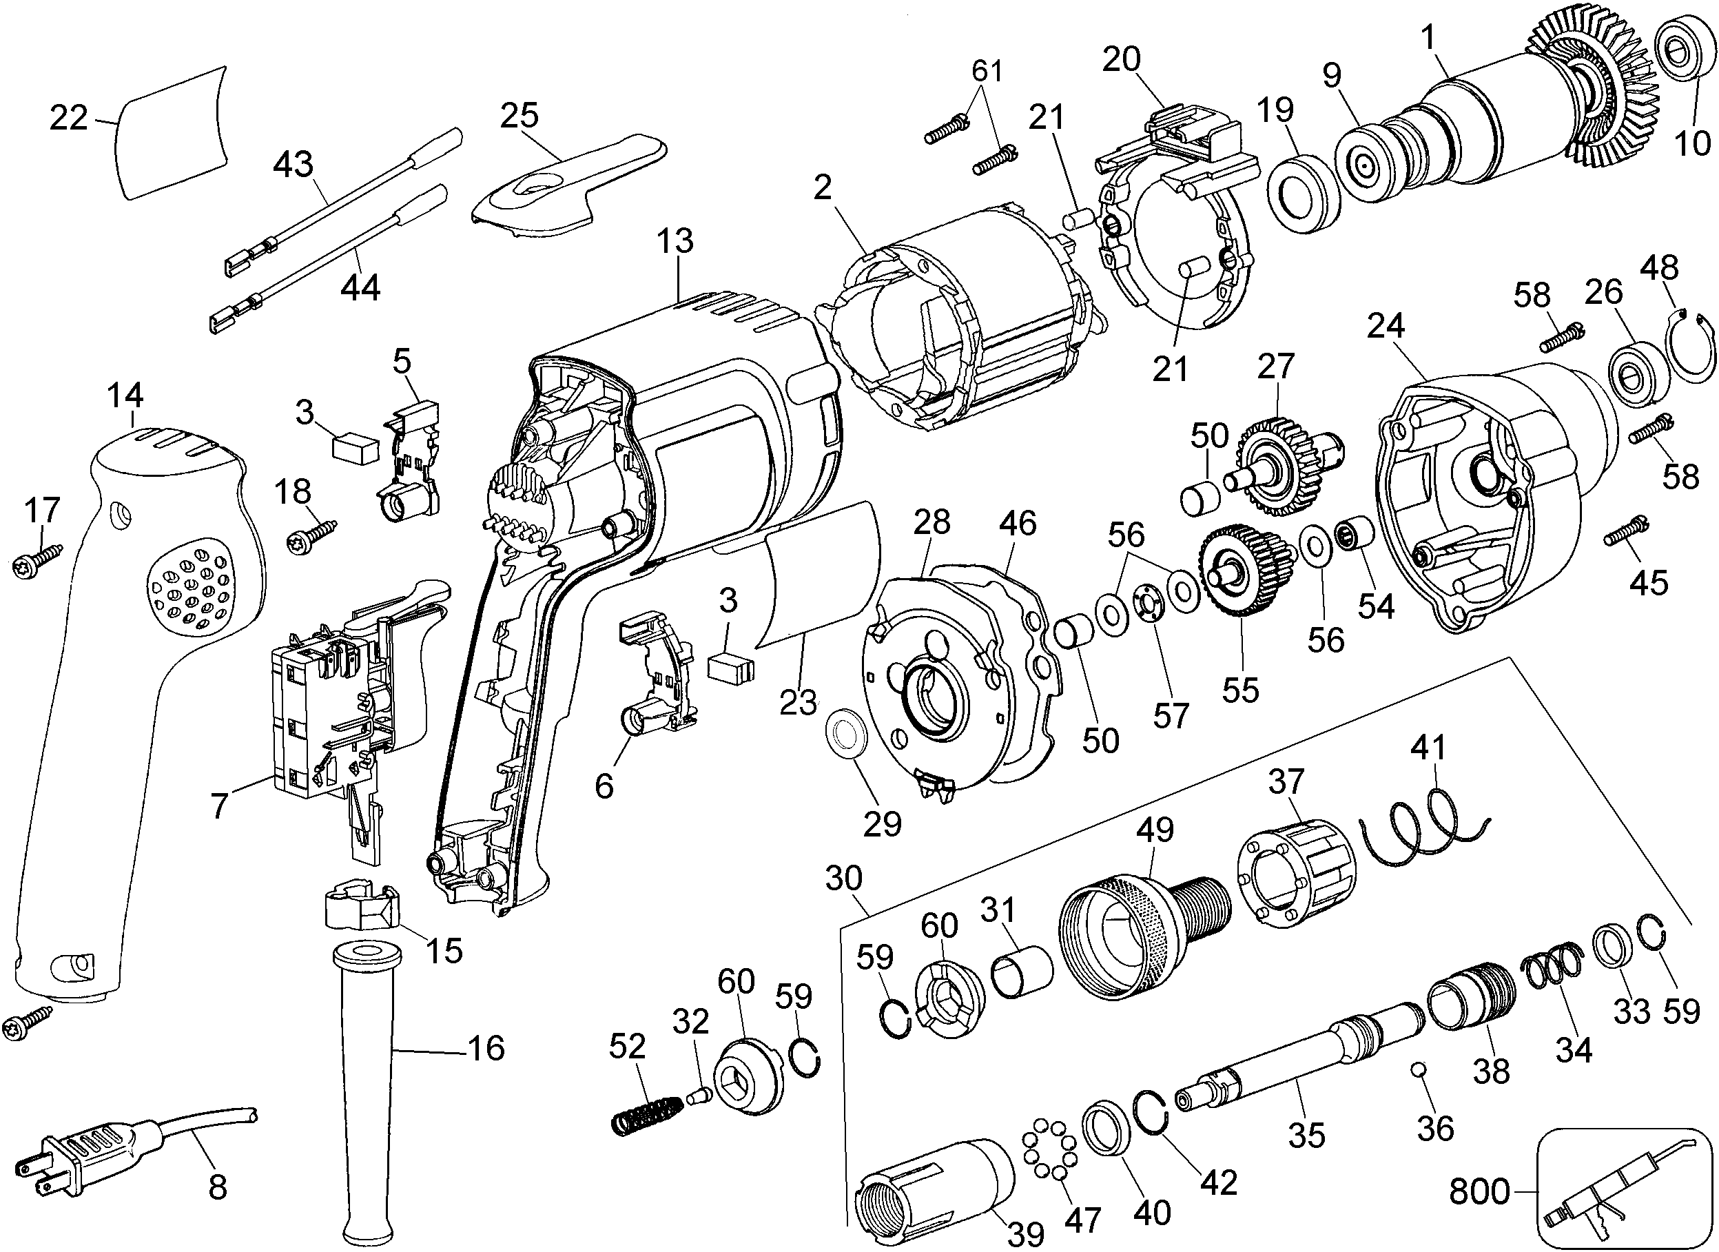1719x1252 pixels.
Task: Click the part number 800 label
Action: click(1479, 1192)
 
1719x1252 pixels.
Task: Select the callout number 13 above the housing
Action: click(675, 241)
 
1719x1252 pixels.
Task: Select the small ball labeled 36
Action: click(1419, 1069)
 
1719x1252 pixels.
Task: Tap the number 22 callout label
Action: click(68, 119)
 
